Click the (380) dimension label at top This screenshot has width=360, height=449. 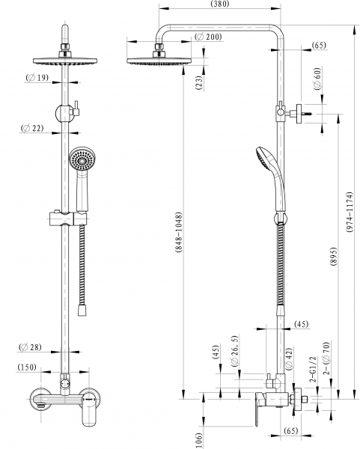(x=220, y=4)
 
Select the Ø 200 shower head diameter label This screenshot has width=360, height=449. (x=208, y=37)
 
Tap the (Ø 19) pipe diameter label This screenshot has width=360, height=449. (x=37, y=77)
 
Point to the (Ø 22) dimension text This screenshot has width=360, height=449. (x=32, y=128)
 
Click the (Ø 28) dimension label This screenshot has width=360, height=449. (x=31, y=347)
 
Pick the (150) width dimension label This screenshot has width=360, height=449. (x=27, y=367)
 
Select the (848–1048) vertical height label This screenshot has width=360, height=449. (x=179, y=232)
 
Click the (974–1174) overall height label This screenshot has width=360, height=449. (x=350, y=212)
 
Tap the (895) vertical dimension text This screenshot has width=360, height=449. (x=334, y=256)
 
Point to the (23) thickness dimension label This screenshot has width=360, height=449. (x=199, y=83)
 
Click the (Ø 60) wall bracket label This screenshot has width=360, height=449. (x=318, y=79)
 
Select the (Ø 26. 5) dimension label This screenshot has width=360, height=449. (x=235, y=351)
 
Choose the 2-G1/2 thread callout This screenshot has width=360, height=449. (x=313, y=370)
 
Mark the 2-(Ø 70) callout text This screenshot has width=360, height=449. (x=326, y=358)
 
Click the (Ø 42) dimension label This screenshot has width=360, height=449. (x=289, y=359)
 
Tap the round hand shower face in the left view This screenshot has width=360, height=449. (x=82, y=160)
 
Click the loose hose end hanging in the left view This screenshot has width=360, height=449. (x=82, y=310)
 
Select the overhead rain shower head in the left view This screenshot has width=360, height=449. (x=65, y=61)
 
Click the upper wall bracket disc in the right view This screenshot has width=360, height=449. (x=299, y=114)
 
